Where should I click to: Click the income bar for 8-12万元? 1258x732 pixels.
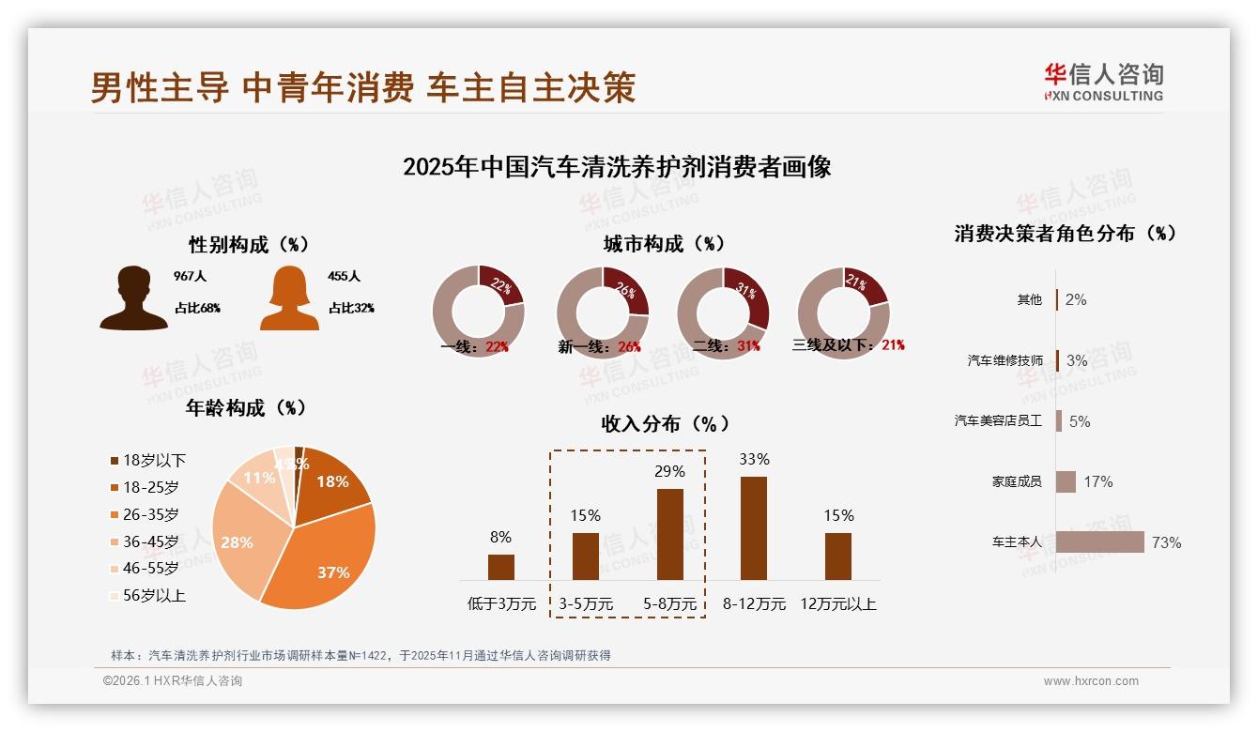(x=754, y=527)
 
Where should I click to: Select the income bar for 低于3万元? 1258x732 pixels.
(x=501, y=567)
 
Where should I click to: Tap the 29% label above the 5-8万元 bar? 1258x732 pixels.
(x=669, y=471)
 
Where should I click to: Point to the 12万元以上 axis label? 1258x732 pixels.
(x=837, y=604)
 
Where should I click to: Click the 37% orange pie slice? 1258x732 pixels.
(x=324, y=554)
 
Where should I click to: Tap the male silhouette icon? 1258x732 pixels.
(x=133, y=298)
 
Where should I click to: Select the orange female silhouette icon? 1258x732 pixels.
(x=289, y=298)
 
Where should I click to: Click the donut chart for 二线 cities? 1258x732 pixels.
(x=723, y=313)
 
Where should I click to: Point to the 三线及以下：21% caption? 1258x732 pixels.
(x=849, y=345)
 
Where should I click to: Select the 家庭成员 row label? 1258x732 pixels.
(x=1017, y=481)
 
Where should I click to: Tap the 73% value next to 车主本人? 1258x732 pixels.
(x=1166, y=542)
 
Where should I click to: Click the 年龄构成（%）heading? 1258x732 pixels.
(x=247, y=408)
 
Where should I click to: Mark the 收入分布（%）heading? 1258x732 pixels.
(x=665, y=424)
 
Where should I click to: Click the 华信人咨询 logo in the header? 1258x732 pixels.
(x=1103, y=82)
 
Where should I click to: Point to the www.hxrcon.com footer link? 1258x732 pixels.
(x=1091, y=681)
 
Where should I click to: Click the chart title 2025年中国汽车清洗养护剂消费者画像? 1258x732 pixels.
(x=617, y=167)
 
